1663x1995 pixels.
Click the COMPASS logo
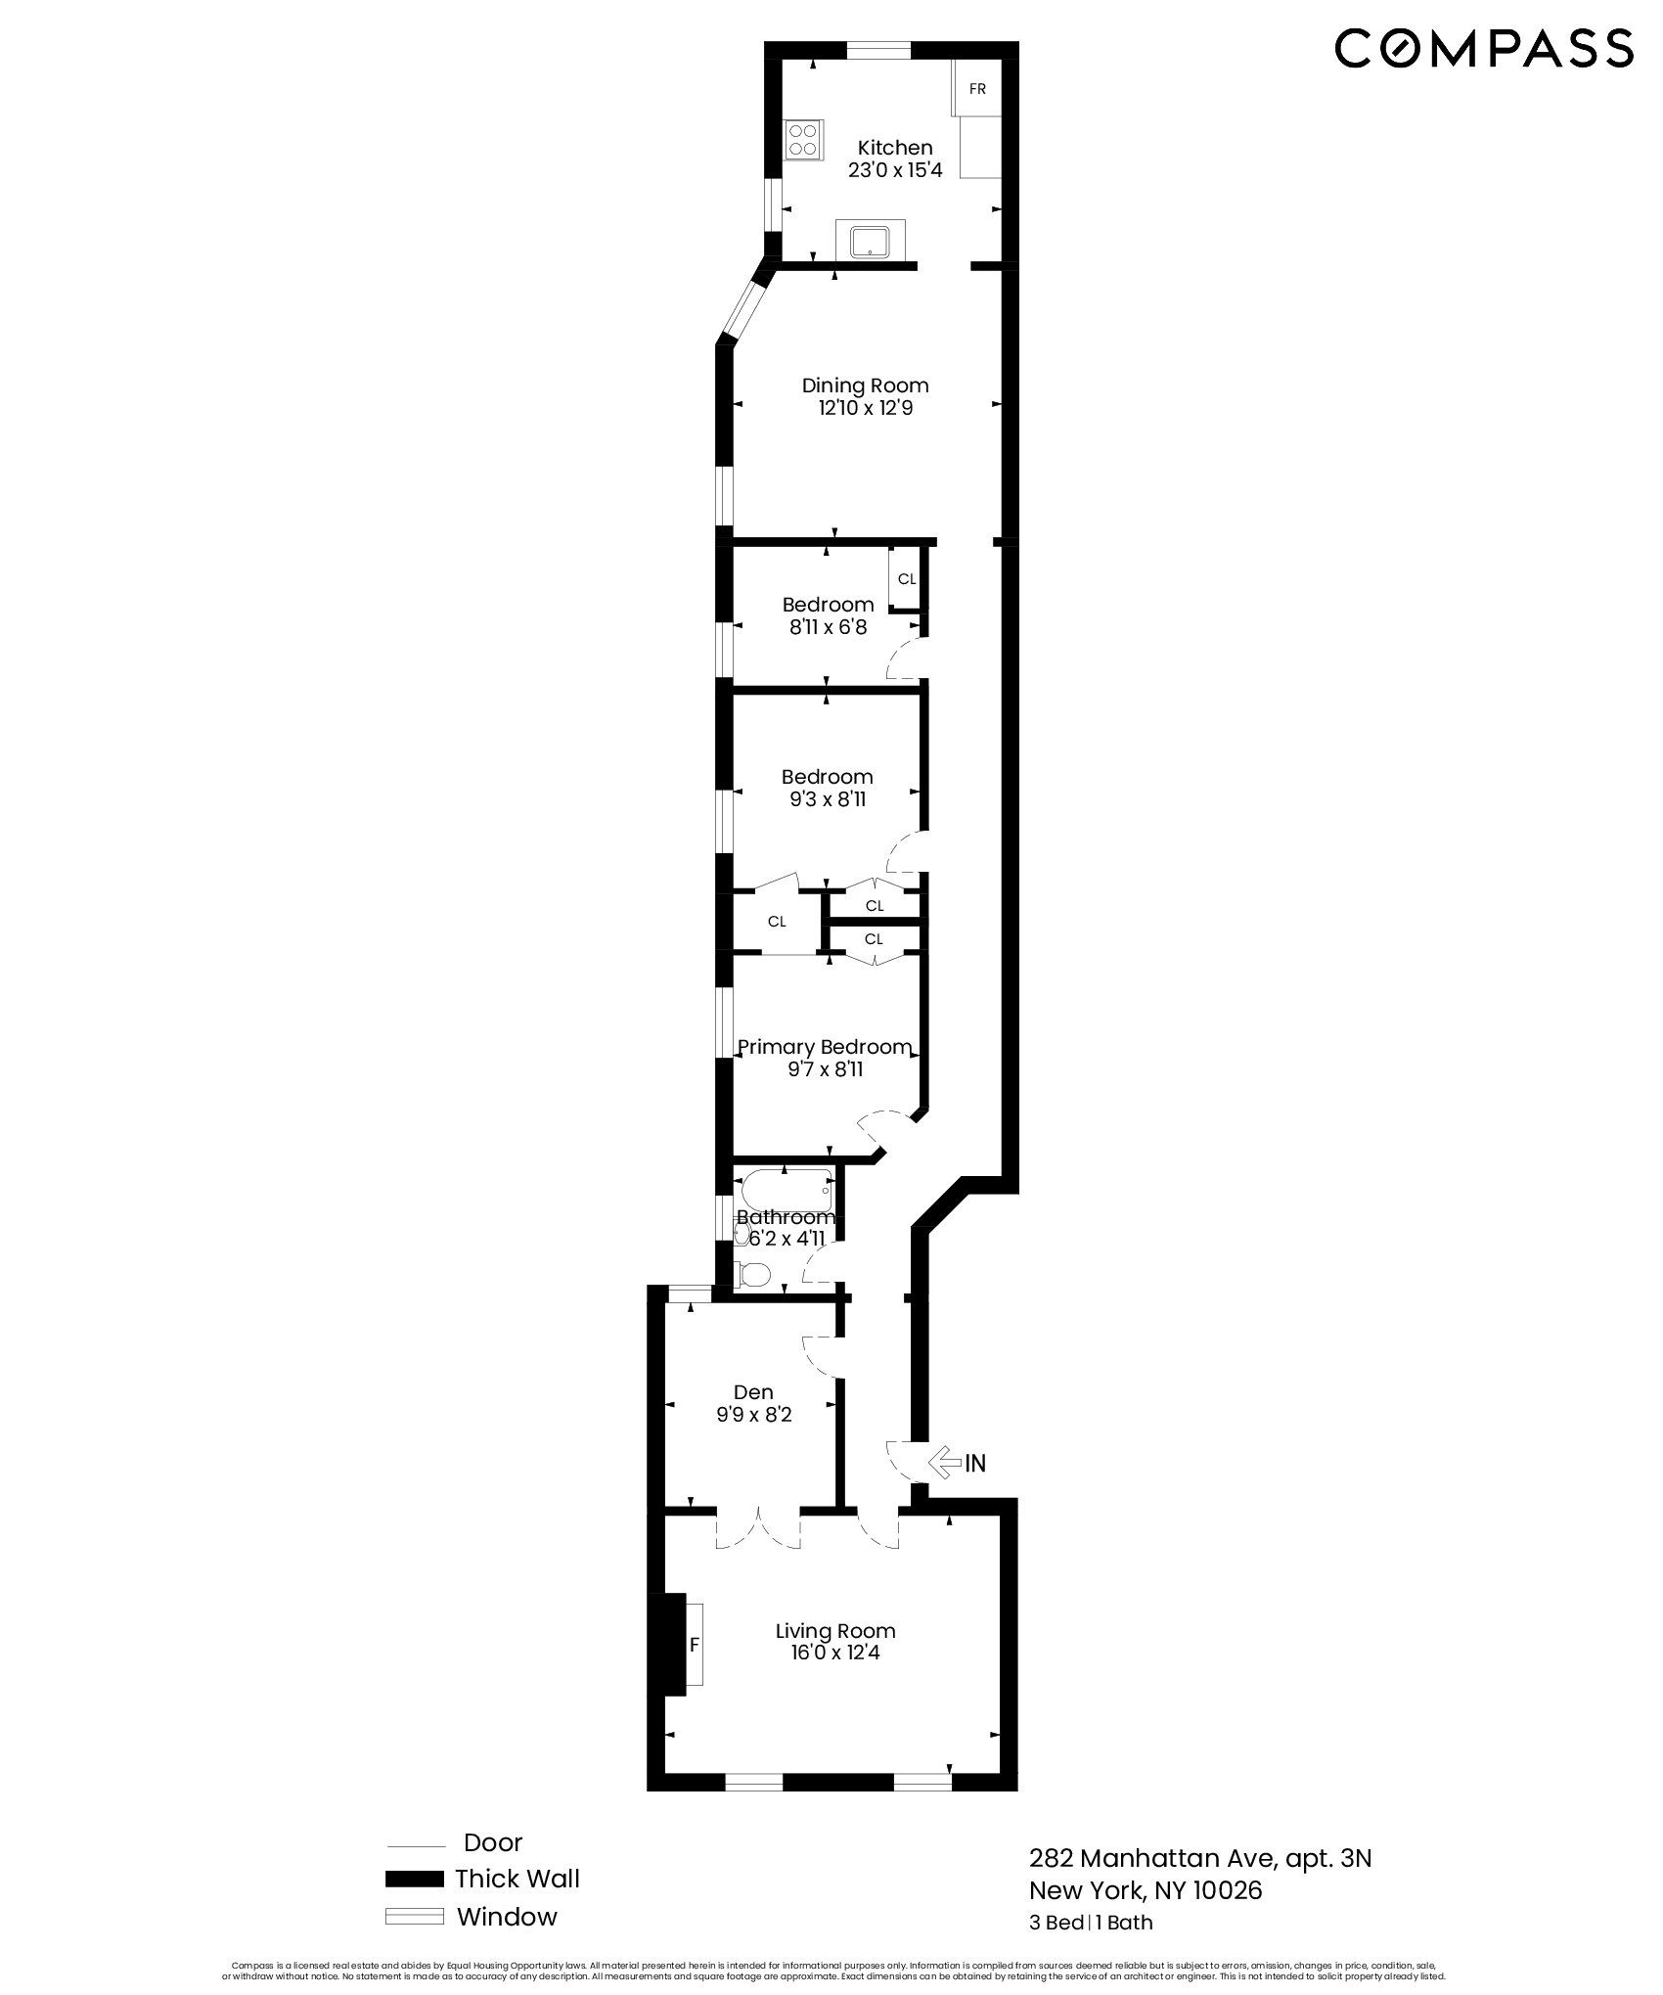click(x=1483, y=48)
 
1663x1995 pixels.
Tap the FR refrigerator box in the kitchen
click(x=976, y=89)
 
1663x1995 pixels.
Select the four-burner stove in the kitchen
click(x=804, y=139)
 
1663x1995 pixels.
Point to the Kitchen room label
click(x=895, y=148)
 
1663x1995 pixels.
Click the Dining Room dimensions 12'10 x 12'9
click(x=866, y=408)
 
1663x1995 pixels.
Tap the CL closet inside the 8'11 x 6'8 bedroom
click(x=907, y=579)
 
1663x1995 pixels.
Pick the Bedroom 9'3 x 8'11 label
click(x=828, y=788)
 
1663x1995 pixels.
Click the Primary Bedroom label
click(x=825, y=1048)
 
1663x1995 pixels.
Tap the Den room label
click(x=753, y=1391)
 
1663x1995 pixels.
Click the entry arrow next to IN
click(x=943, y=1491)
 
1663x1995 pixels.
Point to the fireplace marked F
click(x=694, y=1645)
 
